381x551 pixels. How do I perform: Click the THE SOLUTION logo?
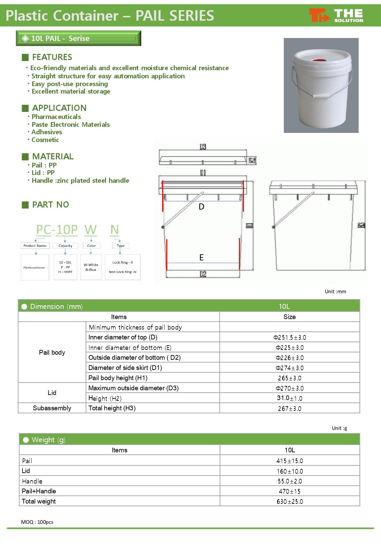pyautogui.click(x=336, y=16)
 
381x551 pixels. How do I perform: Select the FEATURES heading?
pyautogui.click(x=52, y=57)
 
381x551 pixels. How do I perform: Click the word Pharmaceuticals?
pyautogui.click(x=56, y=117)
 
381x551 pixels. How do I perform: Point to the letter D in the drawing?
pyautogui.click(x=202, y=207)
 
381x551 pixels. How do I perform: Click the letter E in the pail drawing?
pyautogui.click(x=202, y=258)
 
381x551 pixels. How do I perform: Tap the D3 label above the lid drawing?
pyautogui.click(x=203, y=147)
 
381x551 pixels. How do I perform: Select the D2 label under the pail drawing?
pyautogui.click(x=203, y=274)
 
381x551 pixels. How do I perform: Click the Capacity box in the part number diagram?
pyautogui.click(x=65, y=245)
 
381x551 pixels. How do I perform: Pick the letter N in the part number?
pyautogui.click(x=114, y=230)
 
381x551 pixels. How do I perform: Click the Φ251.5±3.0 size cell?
pyautogui.click(x=290, y=337)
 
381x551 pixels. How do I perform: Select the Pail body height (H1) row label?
pyautogui.click(x=118, y=378)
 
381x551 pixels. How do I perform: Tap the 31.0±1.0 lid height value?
pyautogui.click(x=290, y=398)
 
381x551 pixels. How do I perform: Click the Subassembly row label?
pyautogui.click(x=52, y=408)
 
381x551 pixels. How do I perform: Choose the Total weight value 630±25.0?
pyautogui.click(x=290, y=501)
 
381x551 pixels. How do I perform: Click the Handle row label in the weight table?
pyautogui.click(x=32, y=481)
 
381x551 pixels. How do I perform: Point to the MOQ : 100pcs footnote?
pyautogui.click(x=37, y=522)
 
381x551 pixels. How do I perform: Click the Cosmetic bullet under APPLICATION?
pyautogui.click(x=45, y=140)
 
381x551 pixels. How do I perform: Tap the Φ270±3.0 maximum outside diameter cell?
pyautogui.click(x=290, y=388)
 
